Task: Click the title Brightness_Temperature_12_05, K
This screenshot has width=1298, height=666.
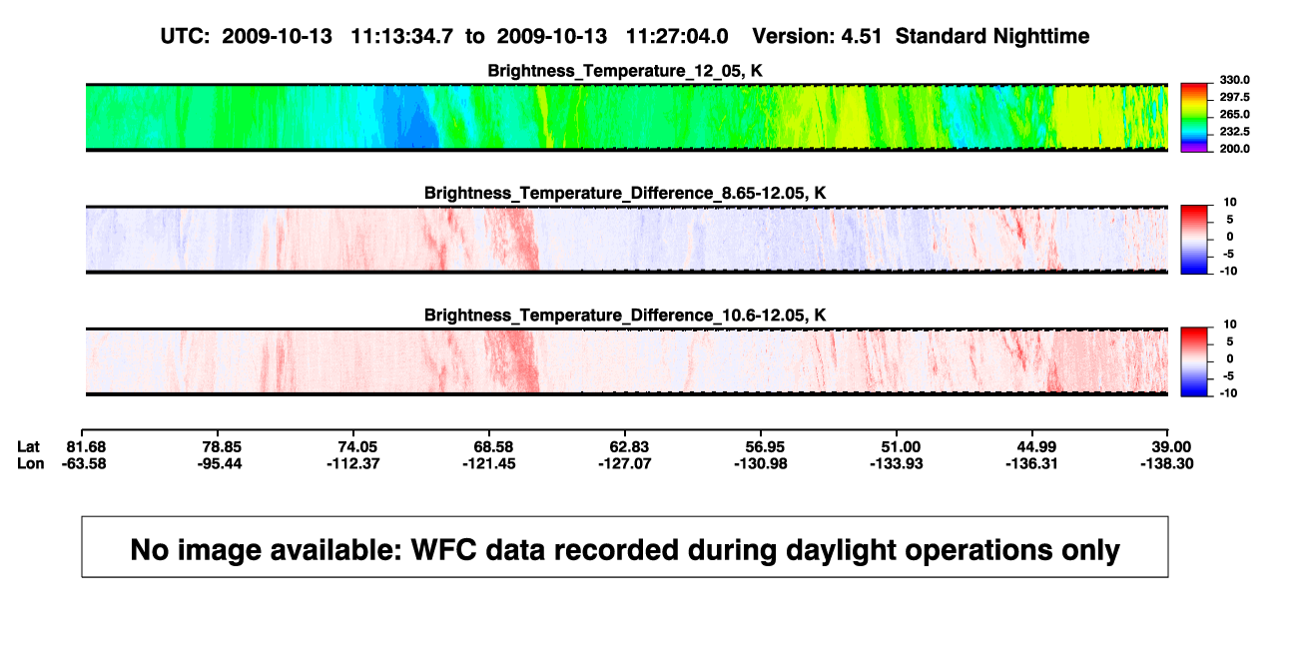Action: (x=625, y=71)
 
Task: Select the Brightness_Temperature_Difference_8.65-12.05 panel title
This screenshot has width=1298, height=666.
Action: (x=625, y=193)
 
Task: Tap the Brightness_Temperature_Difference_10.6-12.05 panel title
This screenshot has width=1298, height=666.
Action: (x=625, y=316)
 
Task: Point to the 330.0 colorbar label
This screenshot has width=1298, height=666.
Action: (x=1234, y=80)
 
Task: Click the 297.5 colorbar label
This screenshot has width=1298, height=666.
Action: (x=1234, y=97)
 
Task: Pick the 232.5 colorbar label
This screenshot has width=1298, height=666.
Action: (x=1234, y=132)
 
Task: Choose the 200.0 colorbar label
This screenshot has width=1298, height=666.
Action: (x=1234, y=149)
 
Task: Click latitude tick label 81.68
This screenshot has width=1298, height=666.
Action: (x=86, y=447)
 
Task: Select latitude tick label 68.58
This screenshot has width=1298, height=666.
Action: (x=493, y=447)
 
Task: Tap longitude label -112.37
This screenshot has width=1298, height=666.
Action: (x=352, y=463)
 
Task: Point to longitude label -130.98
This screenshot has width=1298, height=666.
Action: (x=760, y=463)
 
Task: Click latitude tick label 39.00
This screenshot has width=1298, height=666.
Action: (x=1170, y=447)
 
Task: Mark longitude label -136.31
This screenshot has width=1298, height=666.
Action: (x=1031, y=463)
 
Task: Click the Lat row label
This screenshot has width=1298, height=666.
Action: (x=28, y=447)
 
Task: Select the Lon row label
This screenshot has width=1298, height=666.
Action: (x=30, y=463)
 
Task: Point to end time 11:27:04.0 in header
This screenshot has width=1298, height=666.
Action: (x=677, y=37)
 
